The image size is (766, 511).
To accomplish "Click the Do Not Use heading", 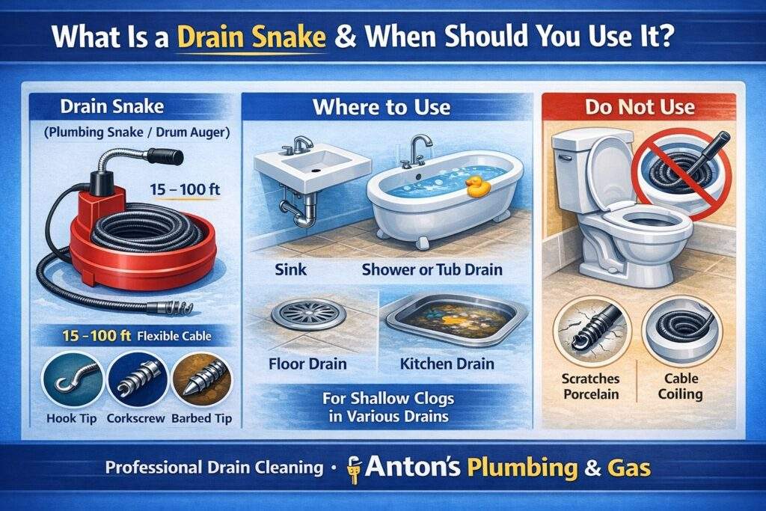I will (x=640, y=106).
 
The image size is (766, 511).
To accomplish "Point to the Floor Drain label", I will (x=307, y=364).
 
